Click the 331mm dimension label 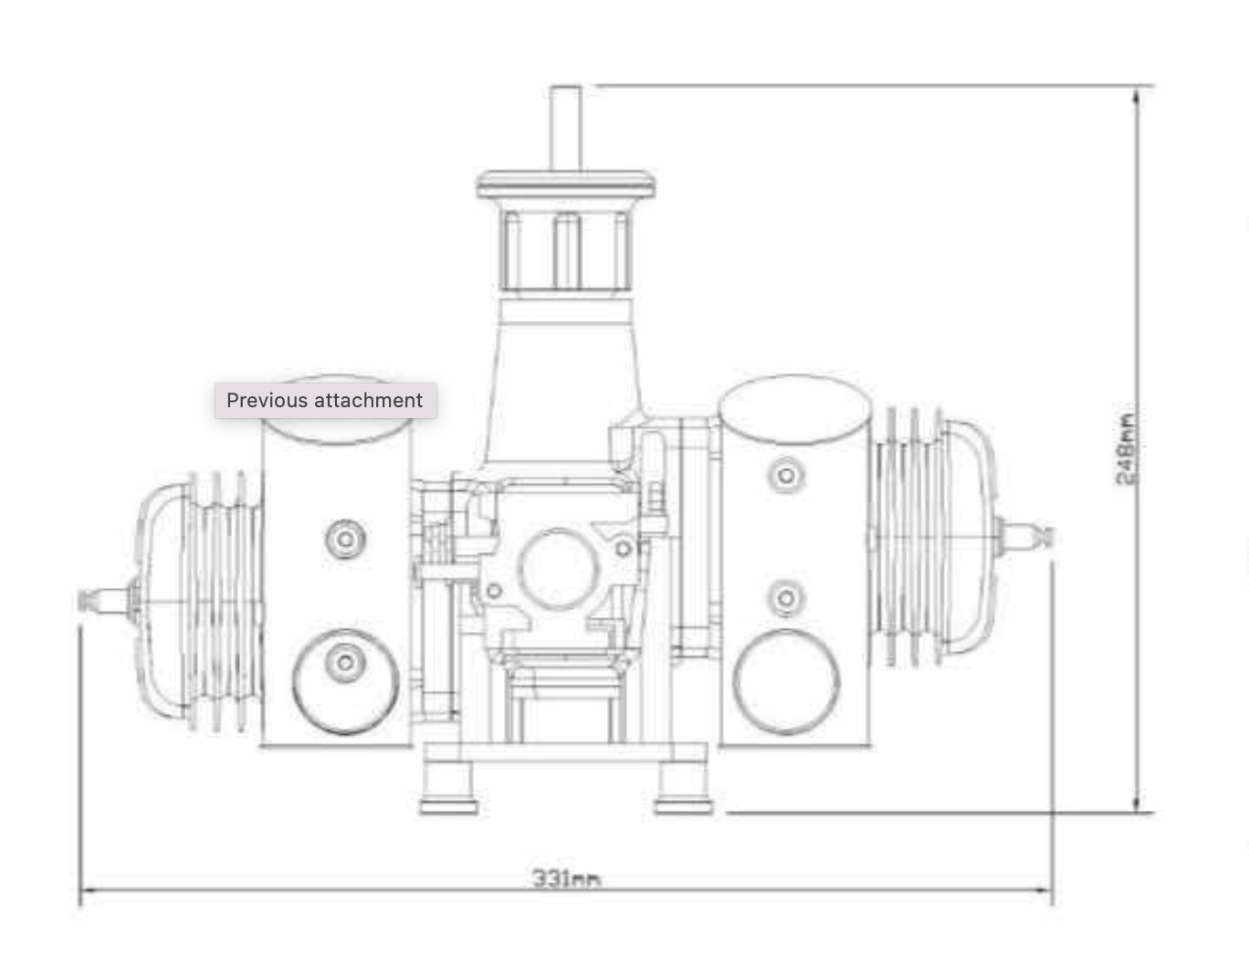click(566, 878)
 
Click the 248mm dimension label click(1127, 448)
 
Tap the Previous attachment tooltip click(325, 401)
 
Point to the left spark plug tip click(89, 599)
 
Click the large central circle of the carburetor click(558, 569)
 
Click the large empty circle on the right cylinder click(786, 681)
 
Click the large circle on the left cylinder click(345, 680)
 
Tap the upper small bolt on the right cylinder click(785, 475)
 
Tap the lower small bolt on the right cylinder click(785, 598)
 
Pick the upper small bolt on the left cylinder click(345, 539)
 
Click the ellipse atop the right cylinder click(794, 409)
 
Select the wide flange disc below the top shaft click(566, 185)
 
